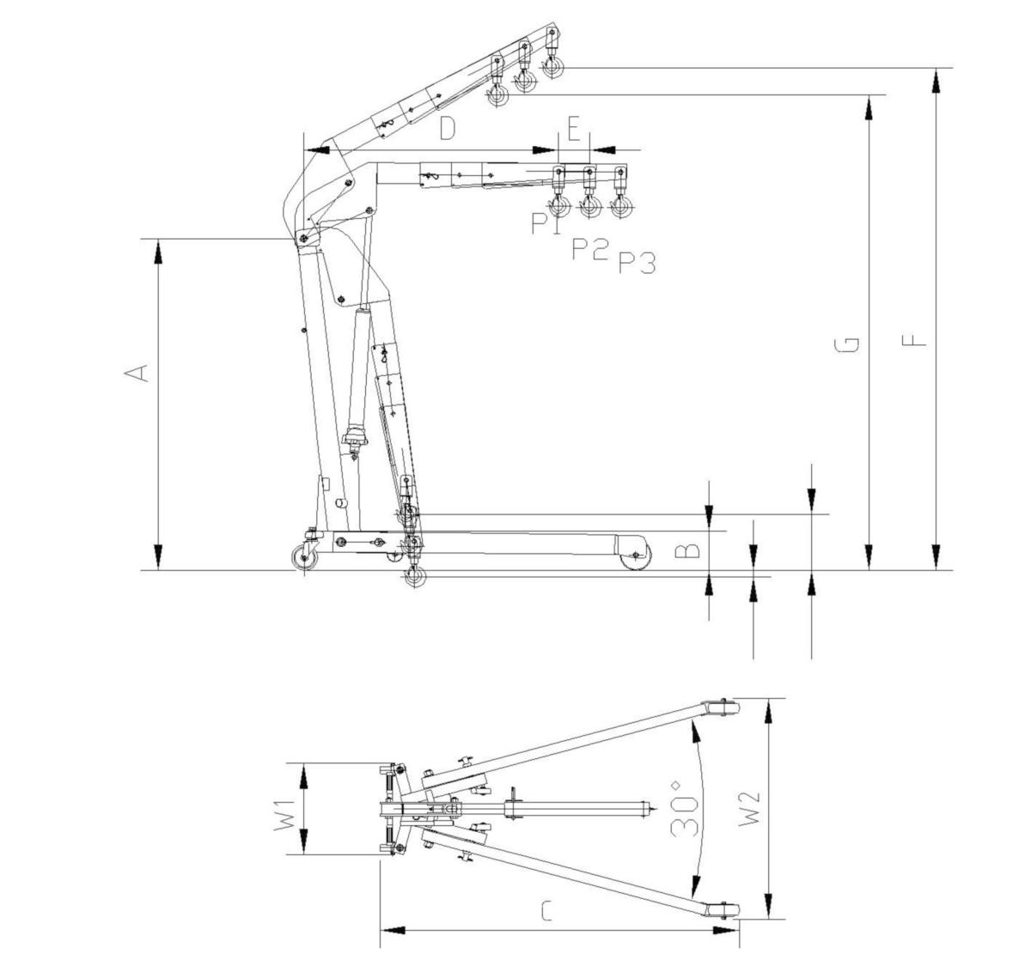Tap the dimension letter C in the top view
point(546,911)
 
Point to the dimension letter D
point(447,128)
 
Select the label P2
point(590,249)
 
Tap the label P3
point(637,263)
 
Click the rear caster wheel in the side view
point(305,557)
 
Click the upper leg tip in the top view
point(718,708)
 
